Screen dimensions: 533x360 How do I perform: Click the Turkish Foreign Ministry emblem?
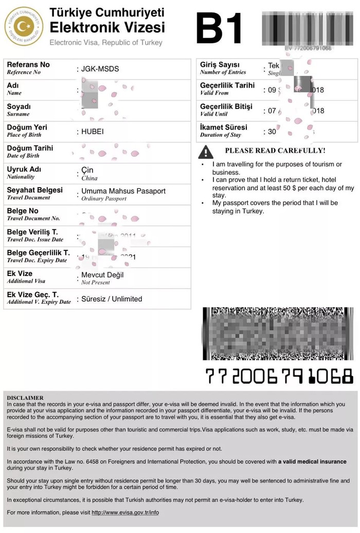[24, 26]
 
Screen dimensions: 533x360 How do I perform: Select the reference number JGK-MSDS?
[100, 69]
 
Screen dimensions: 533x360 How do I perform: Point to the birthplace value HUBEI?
[93, 132]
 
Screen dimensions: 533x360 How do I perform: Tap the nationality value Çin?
[87, 170]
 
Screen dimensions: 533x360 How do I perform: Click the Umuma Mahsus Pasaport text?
[123, 191]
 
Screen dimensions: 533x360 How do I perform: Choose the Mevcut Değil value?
[102, 275]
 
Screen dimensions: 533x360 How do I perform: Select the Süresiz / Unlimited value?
[112, 299]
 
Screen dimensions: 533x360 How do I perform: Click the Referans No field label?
[28, 65]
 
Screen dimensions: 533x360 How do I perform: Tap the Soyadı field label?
[19, 106]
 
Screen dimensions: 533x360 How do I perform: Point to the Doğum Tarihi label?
[30, 148]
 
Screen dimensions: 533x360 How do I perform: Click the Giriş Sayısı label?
[220, 65]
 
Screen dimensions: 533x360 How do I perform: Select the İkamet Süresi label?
[223, 127]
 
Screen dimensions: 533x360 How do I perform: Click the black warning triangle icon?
[206, 152]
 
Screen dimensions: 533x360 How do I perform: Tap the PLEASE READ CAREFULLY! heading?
[275, 151]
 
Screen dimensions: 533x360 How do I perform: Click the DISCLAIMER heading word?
[25, 398]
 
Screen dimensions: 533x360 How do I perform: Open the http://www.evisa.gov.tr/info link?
[125, 512]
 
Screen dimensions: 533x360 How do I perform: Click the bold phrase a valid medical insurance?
[312, 462]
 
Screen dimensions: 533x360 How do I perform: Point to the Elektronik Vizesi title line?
[107, 27]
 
